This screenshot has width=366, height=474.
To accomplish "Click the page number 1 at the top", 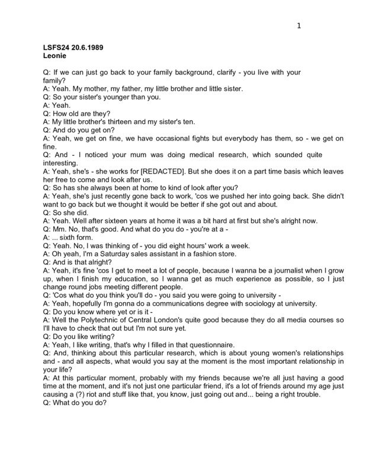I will pos(299,25).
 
